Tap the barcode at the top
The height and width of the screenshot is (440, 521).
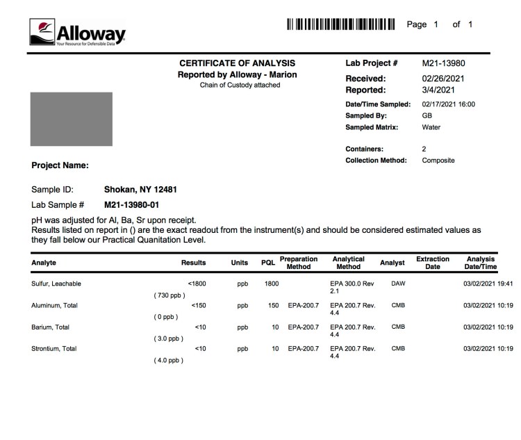(340, 25)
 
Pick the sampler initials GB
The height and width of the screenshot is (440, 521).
(427, 115)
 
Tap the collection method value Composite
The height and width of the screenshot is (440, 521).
(438, 161)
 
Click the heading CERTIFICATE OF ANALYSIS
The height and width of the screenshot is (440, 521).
(238, 63)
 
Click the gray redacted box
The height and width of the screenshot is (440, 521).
(72, 119)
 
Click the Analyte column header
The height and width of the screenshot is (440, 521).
(44, 263)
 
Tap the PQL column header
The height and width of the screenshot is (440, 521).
(268, 263)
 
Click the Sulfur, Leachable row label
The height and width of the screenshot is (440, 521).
(61, 284)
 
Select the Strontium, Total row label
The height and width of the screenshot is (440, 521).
(54, 348)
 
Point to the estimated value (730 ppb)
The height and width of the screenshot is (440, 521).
(169, 296)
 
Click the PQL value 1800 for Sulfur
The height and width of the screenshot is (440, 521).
(272, 284)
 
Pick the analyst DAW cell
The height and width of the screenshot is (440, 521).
(398, 284)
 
